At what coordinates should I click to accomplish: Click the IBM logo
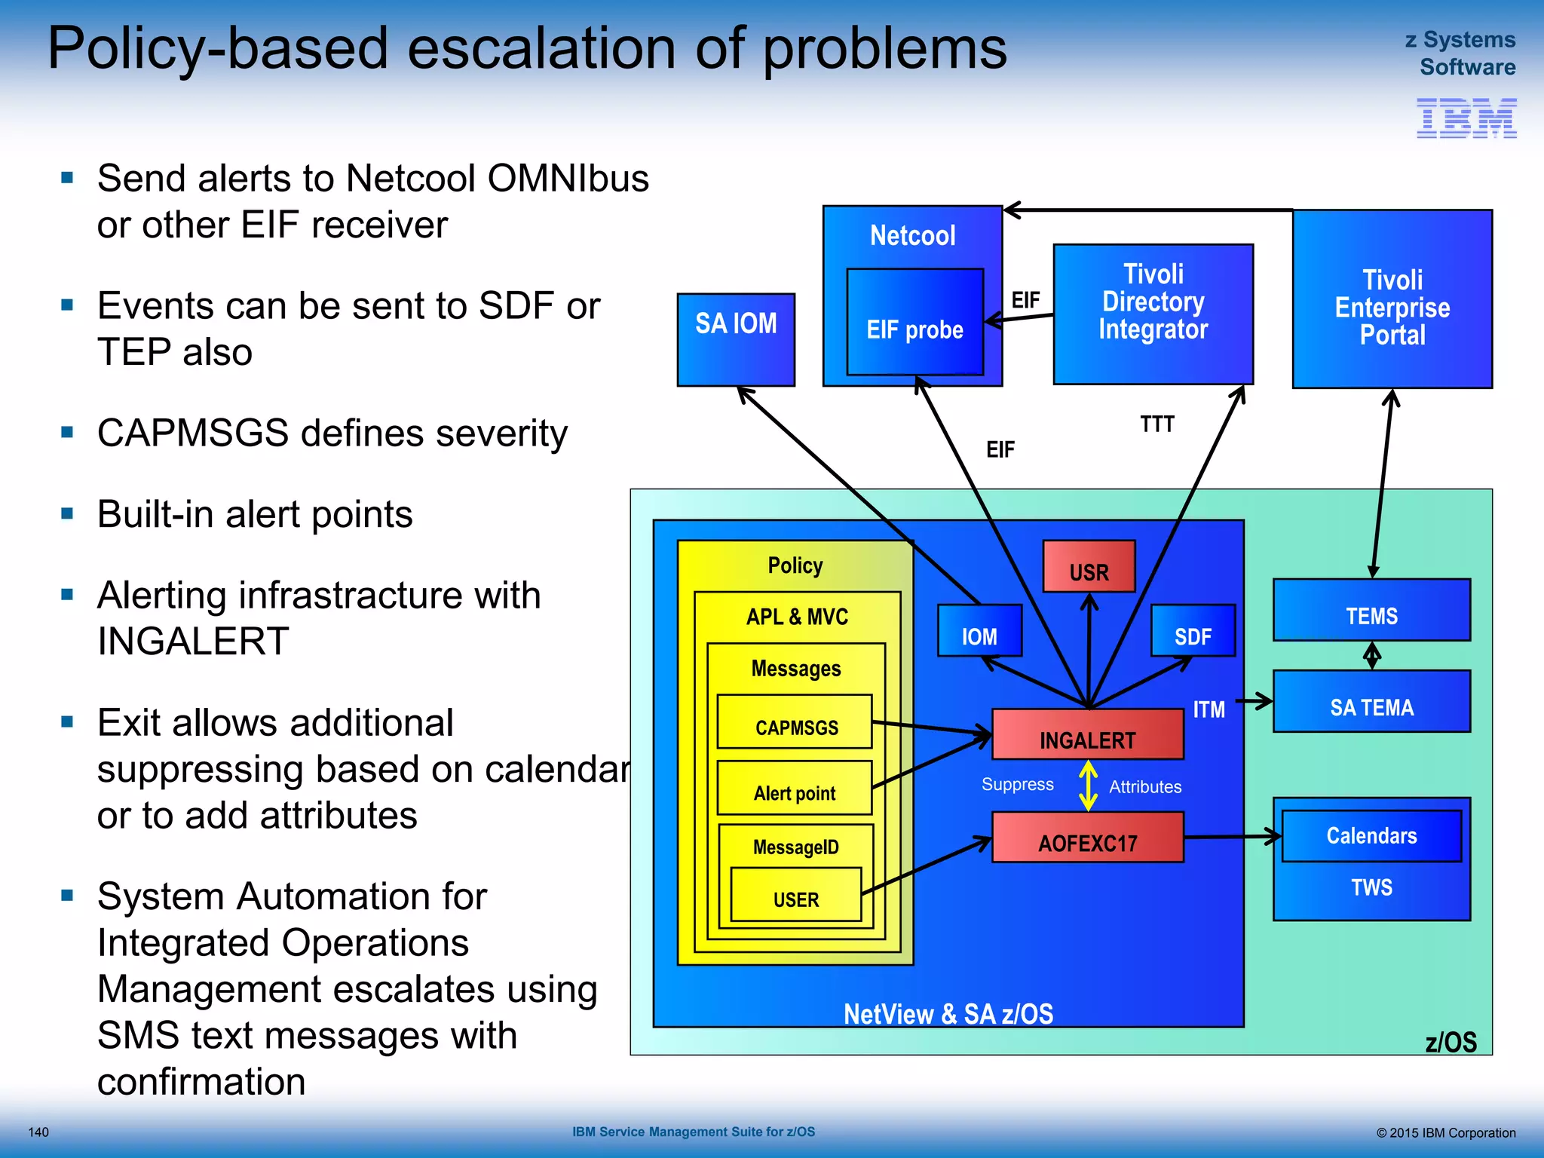point(1466,118)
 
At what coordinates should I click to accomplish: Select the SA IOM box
point(736,339)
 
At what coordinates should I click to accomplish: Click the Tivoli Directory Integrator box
point(1153,314)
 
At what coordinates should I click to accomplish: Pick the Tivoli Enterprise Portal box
point(1392,299)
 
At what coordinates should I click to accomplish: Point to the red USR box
point(1089,567)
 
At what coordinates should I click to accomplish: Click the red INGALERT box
point(1087,734)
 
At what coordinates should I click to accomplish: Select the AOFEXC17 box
point(1087,838)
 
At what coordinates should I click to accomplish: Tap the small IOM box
point(979,631)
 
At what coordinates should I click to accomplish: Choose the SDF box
point(1193,631)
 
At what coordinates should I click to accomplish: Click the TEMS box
point(1371,610)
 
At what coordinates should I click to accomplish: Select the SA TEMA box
point(1371,702)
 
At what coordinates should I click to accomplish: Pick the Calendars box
point(1371,836)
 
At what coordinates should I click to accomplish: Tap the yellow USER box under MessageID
point(795,895)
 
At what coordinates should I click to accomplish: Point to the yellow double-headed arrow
point(1088,786)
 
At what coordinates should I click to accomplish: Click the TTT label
point(1156,424)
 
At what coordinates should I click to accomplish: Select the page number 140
point(38,1132)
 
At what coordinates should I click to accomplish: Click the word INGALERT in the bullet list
point(193,642)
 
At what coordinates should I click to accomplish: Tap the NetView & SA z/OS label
point(948,1014)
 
